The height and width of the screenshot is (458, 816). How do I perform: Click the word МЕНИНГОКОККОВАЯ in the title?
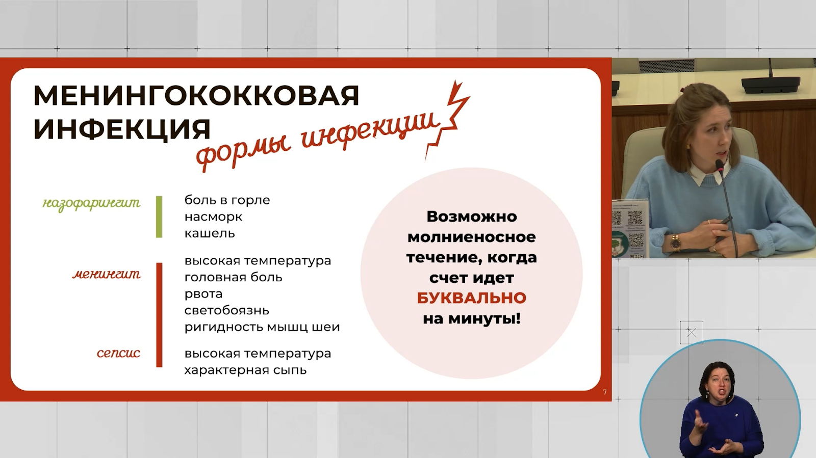pyautogui.click(x=196, y=95)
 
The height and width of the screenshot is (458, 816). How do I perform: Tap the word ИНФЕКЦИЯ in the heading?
pyautogui.click(x=122, y=129)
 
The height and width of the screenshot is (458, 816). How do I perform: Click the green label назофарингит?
pyautogui.click(x=91, y=203)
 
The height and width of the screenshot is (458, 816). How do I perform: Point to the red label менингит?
pyautogui.click(x=107, y=274)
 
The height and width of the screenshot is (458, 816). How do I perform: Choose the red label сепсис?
pyautogui.click(x=118, y=353)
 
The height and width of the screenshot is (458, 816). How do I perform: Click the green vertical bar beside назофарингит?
pyautogui.click(x=159, y=217)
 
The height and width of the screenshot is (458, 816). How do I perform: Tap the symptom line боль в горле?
pyautogui.click(x=227, y=200)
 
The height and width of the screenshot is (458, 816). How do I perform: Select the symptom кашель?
pyautogui.click(x=210, y=233)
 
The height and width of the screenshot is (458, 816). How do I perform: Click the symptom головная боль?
pyautogui.click(x=233, y=277)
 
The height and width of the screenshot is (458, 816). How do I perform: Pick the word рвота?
pyautogui.click(x=203, y=294)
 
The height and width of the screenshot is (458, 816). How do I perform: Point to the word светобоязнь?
pyautogui.click(x=226, y=310)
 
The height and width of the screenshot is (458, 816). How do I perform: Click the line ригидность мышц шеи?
pyautogui.click(x=262, y=327)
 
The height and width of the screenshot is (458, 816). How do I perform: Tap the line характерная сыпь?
pyautogui.click(x=245, y=370)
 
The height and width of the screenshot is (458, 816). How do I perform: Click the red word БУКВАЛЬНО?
pyautogui.click(x=471, y=298)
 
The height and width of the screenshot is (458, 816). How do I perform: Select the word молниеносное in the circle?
pyautogui.click(x=471, y=237)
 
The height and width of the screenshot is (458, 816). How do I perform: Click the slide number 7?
pyautogui.click(x=605, y=392)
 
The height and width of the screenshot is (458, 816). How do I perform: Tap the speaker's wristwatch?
pyautogui.click(x=675, y=243)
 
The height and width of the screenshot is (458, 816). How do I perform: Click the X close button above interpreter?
pyautogui.click(x=692, y=333)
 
